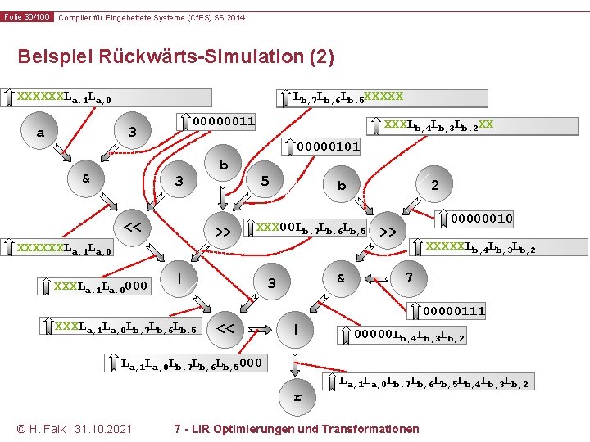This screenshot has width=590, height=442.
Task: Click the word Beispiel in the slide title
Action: pos(52,56)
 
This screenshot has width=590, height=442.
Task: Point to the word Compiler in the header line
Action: pos(79,17)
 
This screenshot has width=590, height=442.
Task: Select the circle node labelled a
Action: pos(41,133)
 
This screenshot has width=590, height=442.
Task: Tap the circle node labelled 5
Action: pos(264,181)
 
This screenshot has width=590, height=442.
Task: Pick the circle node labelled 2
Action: pos(434,185)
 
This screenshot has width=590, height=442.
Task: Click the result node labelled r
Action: pos(297,398)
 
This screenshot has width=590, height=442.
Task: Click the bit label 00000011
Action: pos(223,122)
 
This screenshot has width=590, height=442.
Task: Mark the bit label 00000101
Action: pos(328,147)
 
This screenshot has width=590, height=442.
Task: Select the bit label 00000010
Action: pos(482,219)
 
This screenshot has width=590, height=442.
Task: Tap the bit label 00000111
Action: pos(454,311)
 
